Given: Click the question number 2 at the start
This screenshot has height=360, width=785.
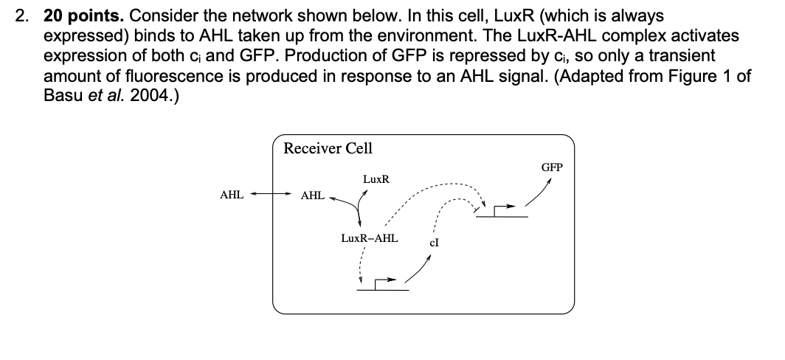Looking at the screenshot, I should [x=23, y=15].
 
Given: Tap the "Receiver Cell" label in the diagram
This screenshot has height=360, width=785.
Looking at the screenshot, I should [x=328, y=148].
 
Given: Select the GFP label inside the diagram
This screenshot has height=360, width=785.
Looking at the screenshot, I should [x=552, y=167].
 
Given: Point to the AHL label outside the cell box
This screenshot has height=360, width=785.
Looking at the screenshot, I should [x=232, y=195].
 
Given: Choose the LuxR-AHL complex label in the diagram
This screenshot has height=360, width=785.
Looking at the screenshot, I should [x=369, y=238].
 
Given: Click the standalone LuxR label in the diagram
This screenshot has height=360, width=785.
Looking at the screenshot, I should [x=376, y=179].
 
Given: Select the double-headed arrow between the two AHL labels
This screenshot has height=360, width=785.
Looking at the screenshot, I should [x=272, y=195].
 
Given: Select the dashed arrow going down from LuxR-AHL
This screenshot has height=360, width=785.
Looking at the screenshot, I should [x=360, y=263].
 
